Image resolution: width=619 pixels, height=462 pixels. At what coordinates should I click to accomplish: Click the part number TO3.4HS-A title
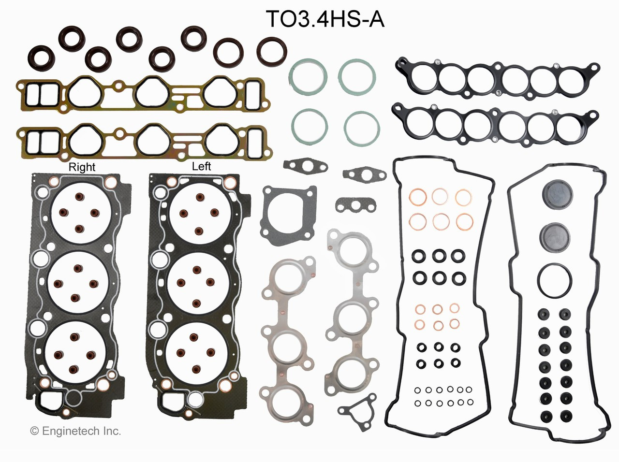(x=325, y=20)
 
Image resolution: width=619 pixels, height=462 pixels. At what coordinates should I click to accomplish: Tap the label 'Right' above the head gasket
(x=82, y=167)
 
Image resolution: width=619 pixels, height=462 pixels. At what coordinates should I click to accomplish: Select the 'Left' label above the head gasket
(x=201, y=166)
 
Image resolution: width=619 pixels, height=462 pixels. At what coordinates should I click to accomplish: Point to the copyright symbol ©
(x=34, y=431)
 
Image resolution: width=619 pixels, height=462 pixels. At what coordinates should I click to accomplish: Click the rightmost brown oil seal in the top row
(x=271, y=51)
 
